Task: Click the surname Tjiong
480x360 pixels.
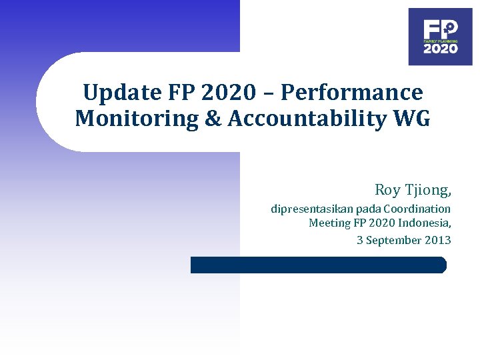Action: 429,191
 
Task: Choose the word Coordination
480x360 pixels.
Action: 417,209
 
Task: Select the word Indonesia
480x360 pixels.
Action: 425,223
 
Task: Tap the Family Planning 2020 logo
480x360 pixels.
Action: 440,37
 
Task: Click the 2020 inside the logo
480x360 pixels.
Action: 441,49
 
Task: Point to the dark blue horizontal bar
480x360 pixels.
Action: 318,265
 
